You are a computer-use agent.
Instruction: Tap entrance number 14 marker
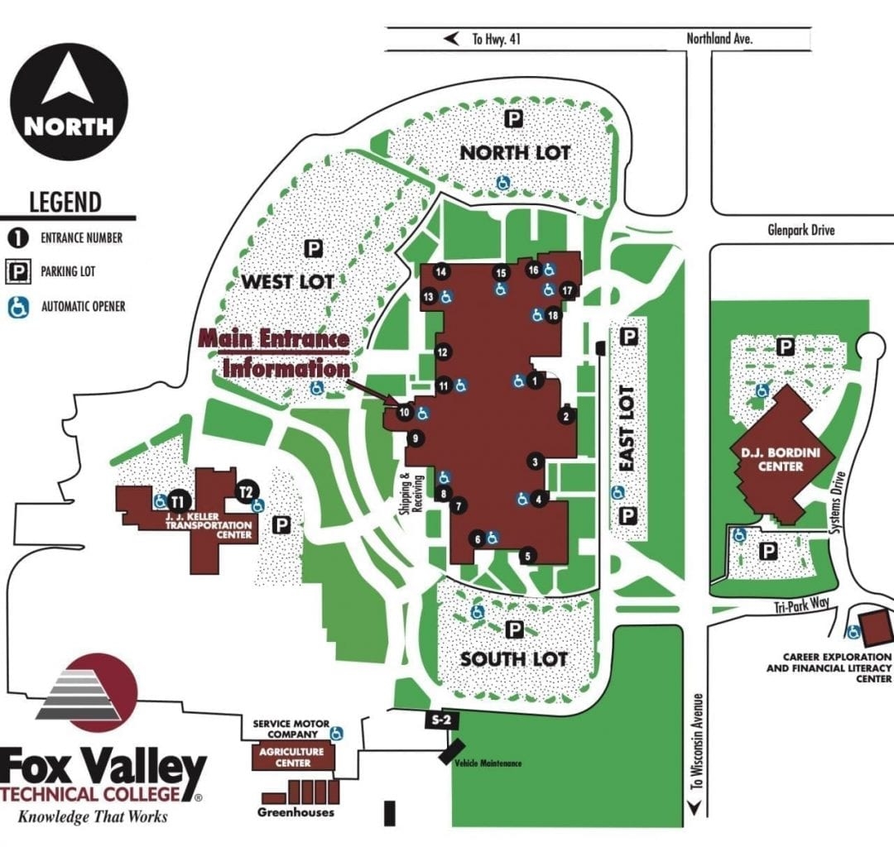pos(442,271)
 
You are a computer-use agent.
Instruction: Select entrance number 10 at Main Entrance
pos(405,412)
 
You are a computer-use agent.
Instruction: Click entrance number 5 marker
pos(528,556)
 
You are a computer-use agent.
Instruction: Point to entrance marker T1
pos(176,500)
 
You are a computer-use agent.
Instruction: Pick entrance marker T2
pos(245,491)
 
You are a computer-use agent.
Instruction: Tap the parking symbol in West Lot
pos(313,247)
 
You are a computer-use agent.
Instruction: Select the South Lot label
pos(514,658)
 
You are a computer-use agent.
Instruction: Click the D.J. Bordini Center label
pos(769,459)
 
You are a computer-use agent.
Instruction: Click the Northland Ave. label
pos(719,39)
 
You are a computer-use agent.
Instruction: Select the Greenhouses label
pos(296,812)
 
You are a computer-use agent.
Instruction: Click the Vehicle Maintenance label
pos(488,763)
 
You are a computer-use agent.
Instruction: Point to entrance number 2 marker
pos(566,416)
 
